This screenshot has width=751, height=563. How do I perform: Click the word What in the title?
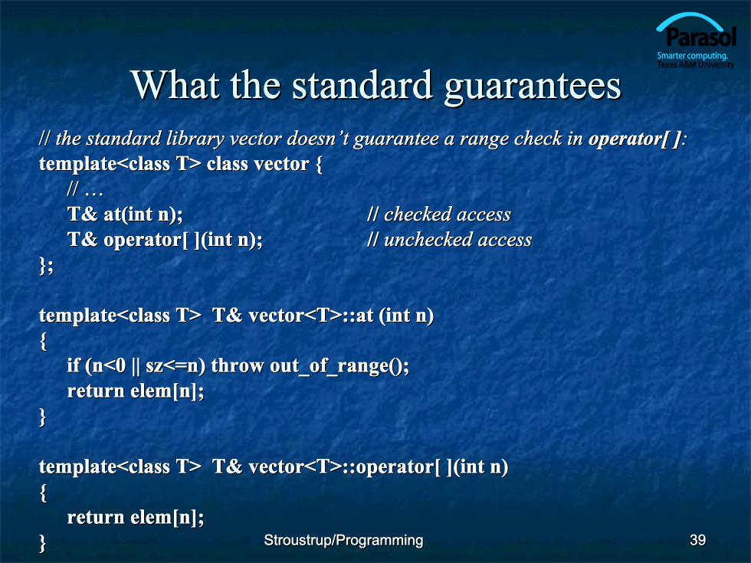[175, 85]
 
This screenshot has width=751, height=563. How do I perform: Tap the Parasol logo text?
[701, 37]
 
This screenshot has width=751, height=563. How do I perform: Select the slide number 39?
[697, 540]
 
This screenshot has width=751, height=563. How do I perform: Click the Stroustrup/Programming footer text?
[343, 541]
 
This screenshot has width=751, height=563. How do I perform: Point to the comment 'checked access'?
[438, 214]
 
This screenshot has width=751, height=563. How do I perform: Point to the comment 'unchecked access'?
[449, 239]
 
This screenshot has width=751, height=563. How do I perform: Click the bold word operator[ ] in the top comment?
[635, 139]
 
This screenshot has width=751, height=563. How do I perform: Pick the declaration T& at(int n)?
[125, 214]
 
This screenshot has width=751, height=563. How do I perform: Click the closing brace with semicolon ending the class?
[46, 265]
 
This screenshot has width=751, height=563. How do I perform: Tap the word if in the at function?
[74, 365]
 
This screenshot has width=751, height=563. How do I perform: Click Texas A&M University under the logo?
[695, 64]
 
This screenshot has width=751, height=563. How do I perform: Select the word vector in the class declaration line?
[282, 164]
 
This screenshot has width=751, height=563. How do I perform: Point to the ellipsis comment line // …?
[85, 190]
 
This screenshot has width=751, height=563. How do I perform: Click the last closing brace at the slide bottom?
[43, 543]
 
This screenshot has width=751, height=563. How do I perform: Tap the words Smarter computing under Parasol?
[692, 55]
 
